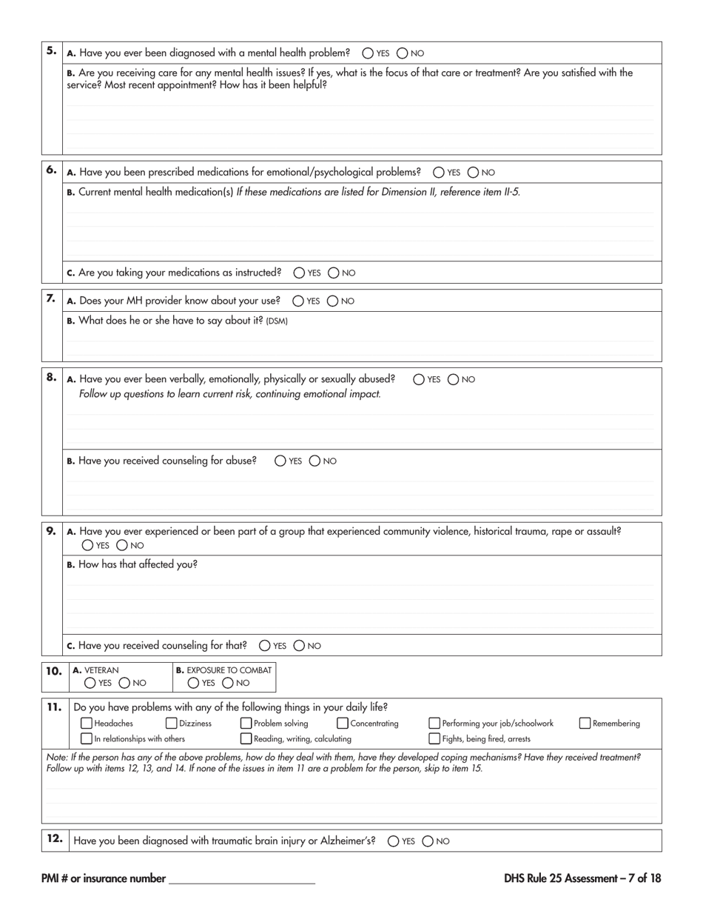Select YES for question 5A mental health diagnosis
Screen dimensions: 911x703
(x=368, y=53)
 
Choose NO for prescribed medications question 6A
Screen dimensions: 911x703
(x=474, y=173)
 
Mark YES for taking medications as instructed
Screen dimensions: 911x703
(x=299, y=273)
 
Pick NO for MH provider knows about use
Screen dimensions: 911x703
(x=333, y=301)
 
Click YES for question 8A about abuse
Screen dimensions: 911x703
(x=419, y=379)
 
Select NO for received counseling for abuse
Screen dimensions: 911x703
(x=314, y=461)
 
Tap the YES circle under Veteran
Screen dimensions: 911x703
(x=90, y=683)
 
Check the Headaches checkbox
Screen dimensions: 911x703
(x=87, y=724)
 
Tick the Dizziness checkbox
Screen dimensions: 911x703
(x=171, y=724)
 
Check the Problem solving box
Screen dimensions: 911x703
(x=246, y=724)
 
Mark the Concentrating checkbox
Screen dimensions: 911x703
(x=343, y=724)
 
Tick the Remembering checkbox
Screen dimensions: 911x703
(x=585, y=724)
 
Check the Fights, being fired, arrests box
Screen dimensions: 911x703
(x=434, y=738)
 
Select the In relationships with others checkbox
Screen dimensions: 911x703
(x=87, y=738)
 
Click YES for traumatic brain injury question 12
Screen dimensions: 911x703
(x=393, y=841)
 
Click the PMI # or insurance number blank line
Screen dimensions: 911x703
(x=242, y=879)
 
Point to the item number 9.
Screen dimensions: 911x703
(x=51, y=530)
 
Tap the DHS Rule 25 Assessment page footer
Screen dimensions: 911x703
(x=582, y=878)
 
